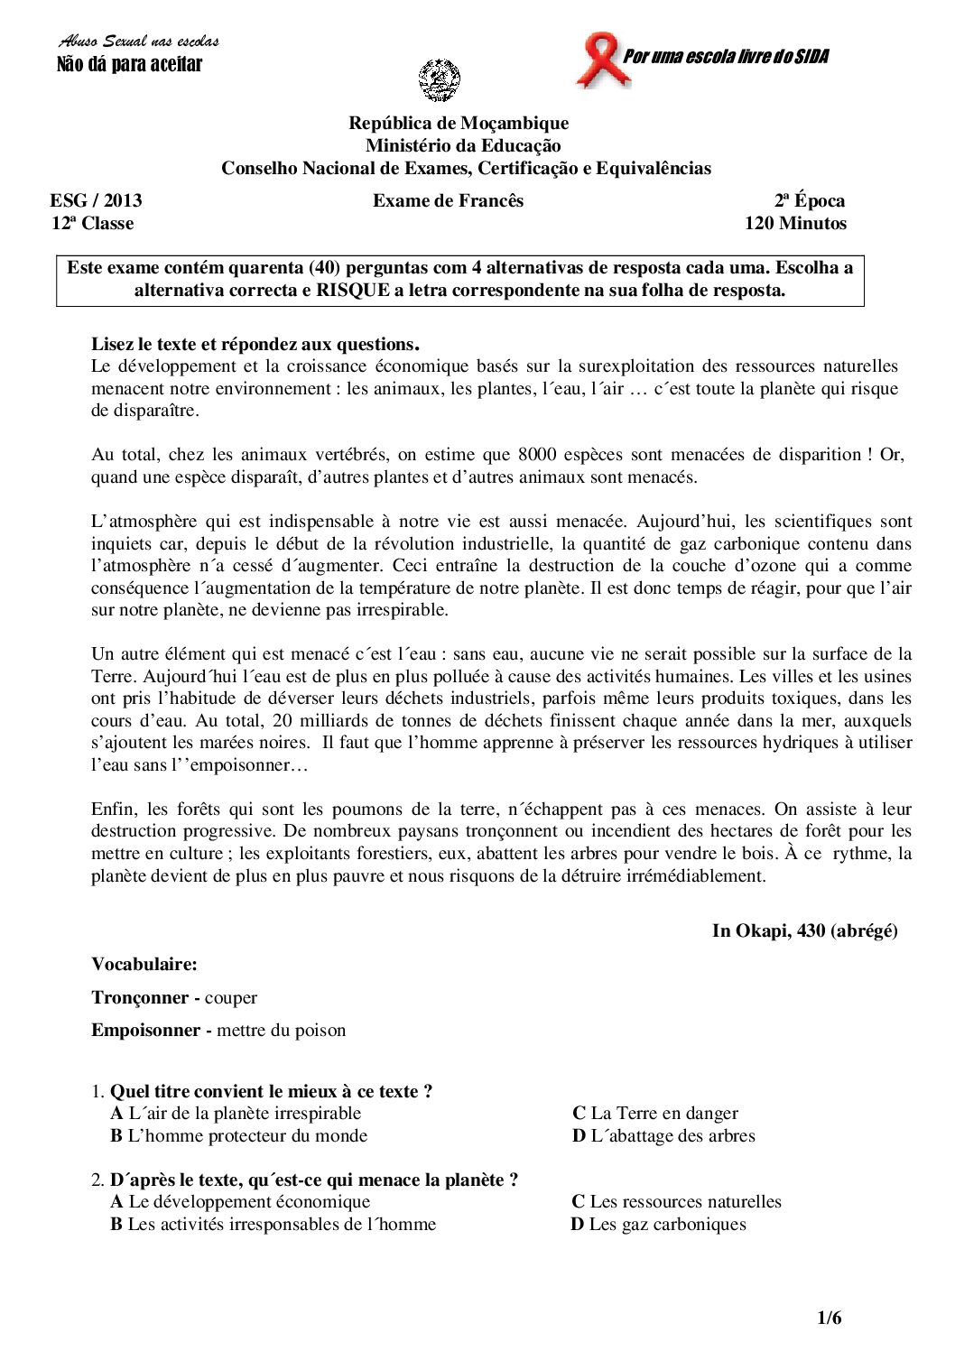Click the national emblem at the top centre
(440, 79)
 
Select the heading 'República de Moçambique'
(459, 123)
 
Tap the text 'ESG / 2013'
(96, 201)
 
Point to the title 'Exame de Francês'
(448, 201)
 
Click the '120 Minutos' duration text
(795, 224)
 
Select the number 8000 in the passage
(538, 455)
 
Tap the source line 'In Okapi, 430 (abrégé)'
(804, 931)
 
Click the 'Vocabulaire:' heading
(144, 964)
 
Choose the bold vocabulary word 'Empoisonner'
(145, 1030)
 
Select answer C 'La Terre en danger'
(655, 1114)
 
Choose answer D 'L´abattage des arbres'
(663, 1136)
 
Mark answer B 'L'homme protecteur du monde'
(239, 1136)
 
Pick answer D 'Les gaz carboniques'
(659, 1225)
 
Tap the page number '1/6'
(829, 1319)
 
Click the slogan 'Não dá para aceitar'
(129, 64)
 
